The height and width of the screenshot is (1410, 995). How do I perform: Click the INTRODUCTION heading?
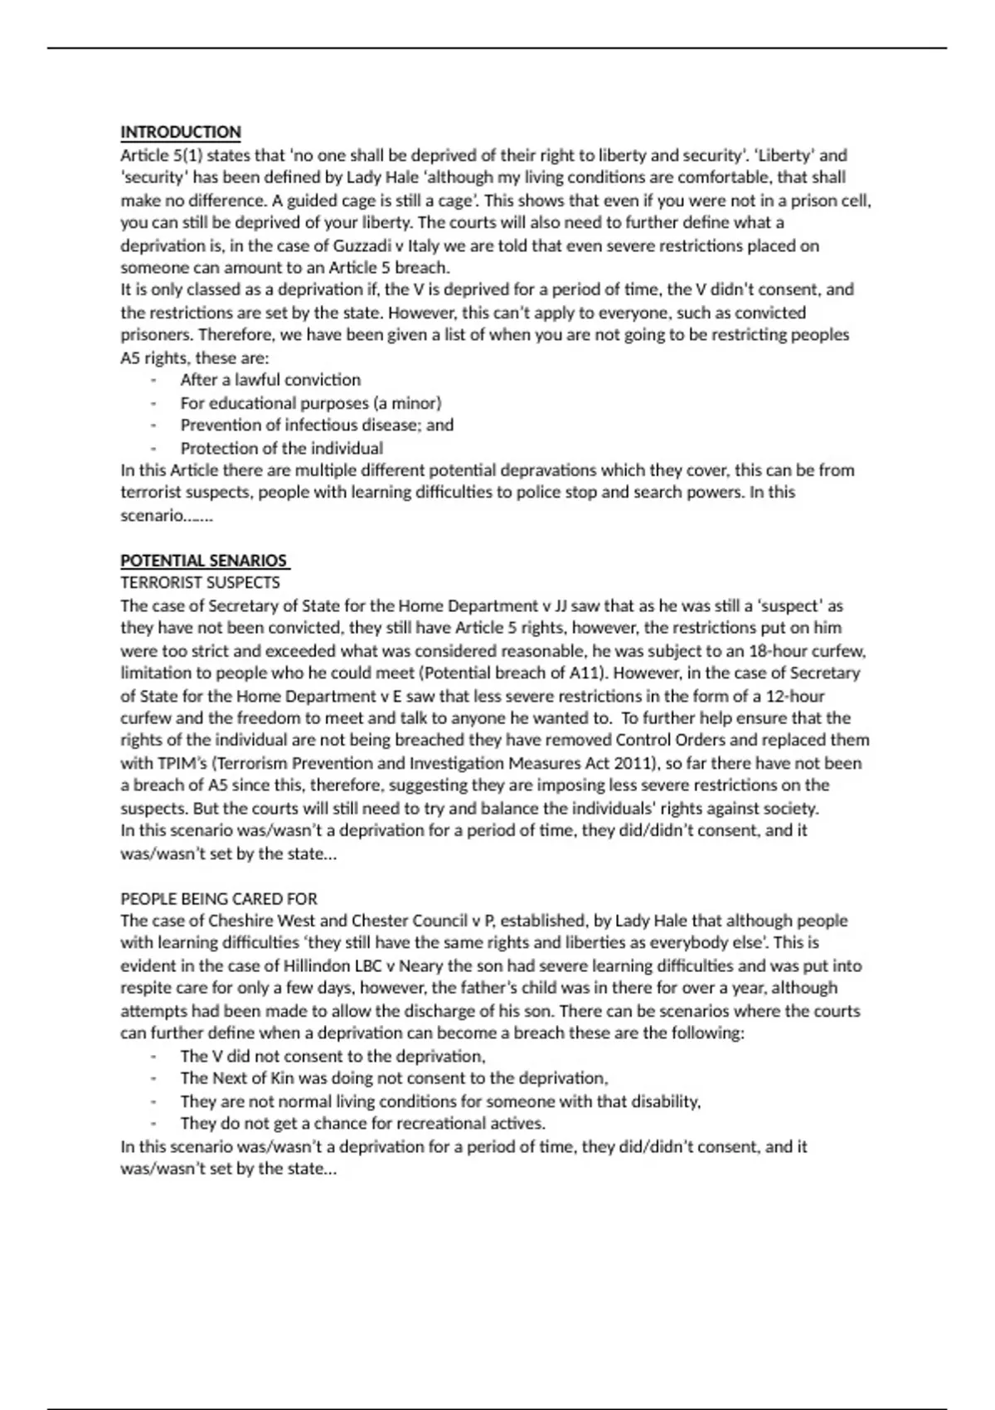pyautogui.click(x=181, y=132)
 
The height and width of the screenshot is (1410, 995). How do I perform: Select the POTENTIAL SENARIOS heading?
pyautogui.click(x=204, y=560)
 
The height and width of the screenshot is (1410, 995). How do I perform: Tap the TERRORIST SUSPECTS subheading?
pyautogui.click(x=200, y=582)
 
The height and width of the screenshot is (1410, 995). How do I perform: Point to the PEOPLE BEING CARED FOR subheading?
pyautogui.click(x=219, y=898)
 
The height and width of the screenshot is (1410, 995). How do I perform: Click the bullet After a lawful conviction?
pyautogui.click(x=270, y=380)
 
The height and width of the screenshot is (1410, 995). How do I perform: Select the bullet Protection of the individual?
pyautogui.click(x=282, y=448)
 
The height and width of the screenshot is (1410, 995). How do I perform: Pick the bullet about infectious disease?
pyautogui.click(x=317, y=425)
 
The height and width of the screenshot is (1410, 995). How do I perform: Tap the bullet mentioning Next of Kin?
pyautogui.click(x=394, y=1078)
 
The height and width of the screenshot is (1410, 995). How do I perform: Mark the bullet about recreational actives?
pyautogui.click(x=362, y=1124)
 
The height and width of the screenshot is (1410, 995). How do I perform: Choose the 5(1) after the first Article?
pyautogui.click(x=187, y=155)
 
